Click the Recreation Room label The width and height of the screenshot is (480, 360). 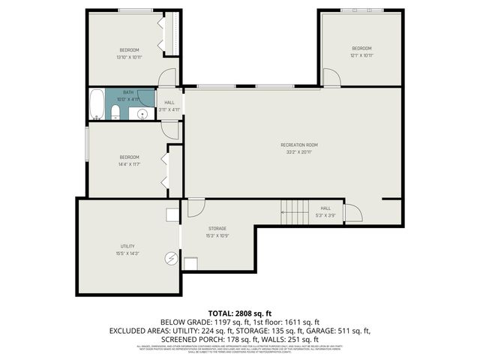tap(299, 145)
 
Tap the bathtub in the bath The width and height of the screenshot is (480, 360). tap(97, 104)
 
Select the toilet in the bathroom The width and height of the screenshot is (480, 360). tap(115, 113)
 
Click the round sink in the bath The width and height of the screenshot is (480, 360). tap(142, 114)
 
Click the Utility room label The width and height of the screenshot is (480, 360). tap(127, 246)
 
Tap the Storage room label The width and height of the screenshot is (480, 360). tap(217, 228)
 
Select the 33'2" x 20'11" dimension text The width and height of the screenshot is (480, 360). tap(299, 152)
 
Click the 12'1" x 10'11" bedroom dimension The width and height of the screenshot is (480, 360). tap(362, 55)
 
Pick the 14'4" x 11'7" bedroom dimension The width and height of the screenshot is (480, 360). tap(129, 163)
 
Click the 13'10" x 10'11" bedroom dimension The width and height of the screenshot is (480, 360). tap(128, 58)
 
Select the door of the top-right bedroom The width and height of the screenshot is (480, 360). tap(331, 77)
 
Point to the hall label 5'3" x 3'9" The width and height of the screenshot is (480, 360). tap(325, 215)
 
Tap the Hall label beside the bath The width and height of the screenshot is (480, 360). tap(169, 103)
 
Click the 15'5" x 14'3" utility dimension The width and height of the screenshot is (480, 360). tap(127, 253)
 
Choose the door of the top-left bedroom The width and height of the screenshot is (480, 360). tap(167, 77)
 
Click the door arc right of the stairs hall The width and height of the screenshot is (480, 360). tap(353, 214)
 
